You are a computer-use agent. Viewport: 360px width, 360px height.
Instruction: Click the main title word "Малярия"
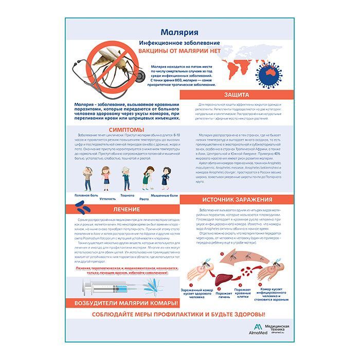coord(179,32)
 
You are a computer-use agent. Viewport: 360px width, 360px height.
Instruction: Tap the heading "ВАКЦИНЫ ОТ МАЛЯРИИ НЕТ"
coord(179,51)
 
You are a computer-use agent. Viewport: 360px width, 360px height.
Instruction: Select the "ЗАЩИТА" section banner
coord(237,95)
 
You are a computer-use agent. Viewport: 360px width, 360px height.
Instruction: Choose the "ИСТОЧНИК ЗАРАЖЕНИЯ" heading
coord(237,200)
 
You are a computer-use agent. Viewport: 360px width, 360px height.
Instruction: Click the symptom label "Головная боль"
coord(86,196)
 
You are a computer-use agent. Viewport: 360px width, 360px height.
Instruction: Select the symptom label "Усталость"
coord(107,199)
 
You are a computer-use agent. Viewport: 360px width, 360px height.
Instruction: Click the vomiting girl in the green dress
coord(145,178)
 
